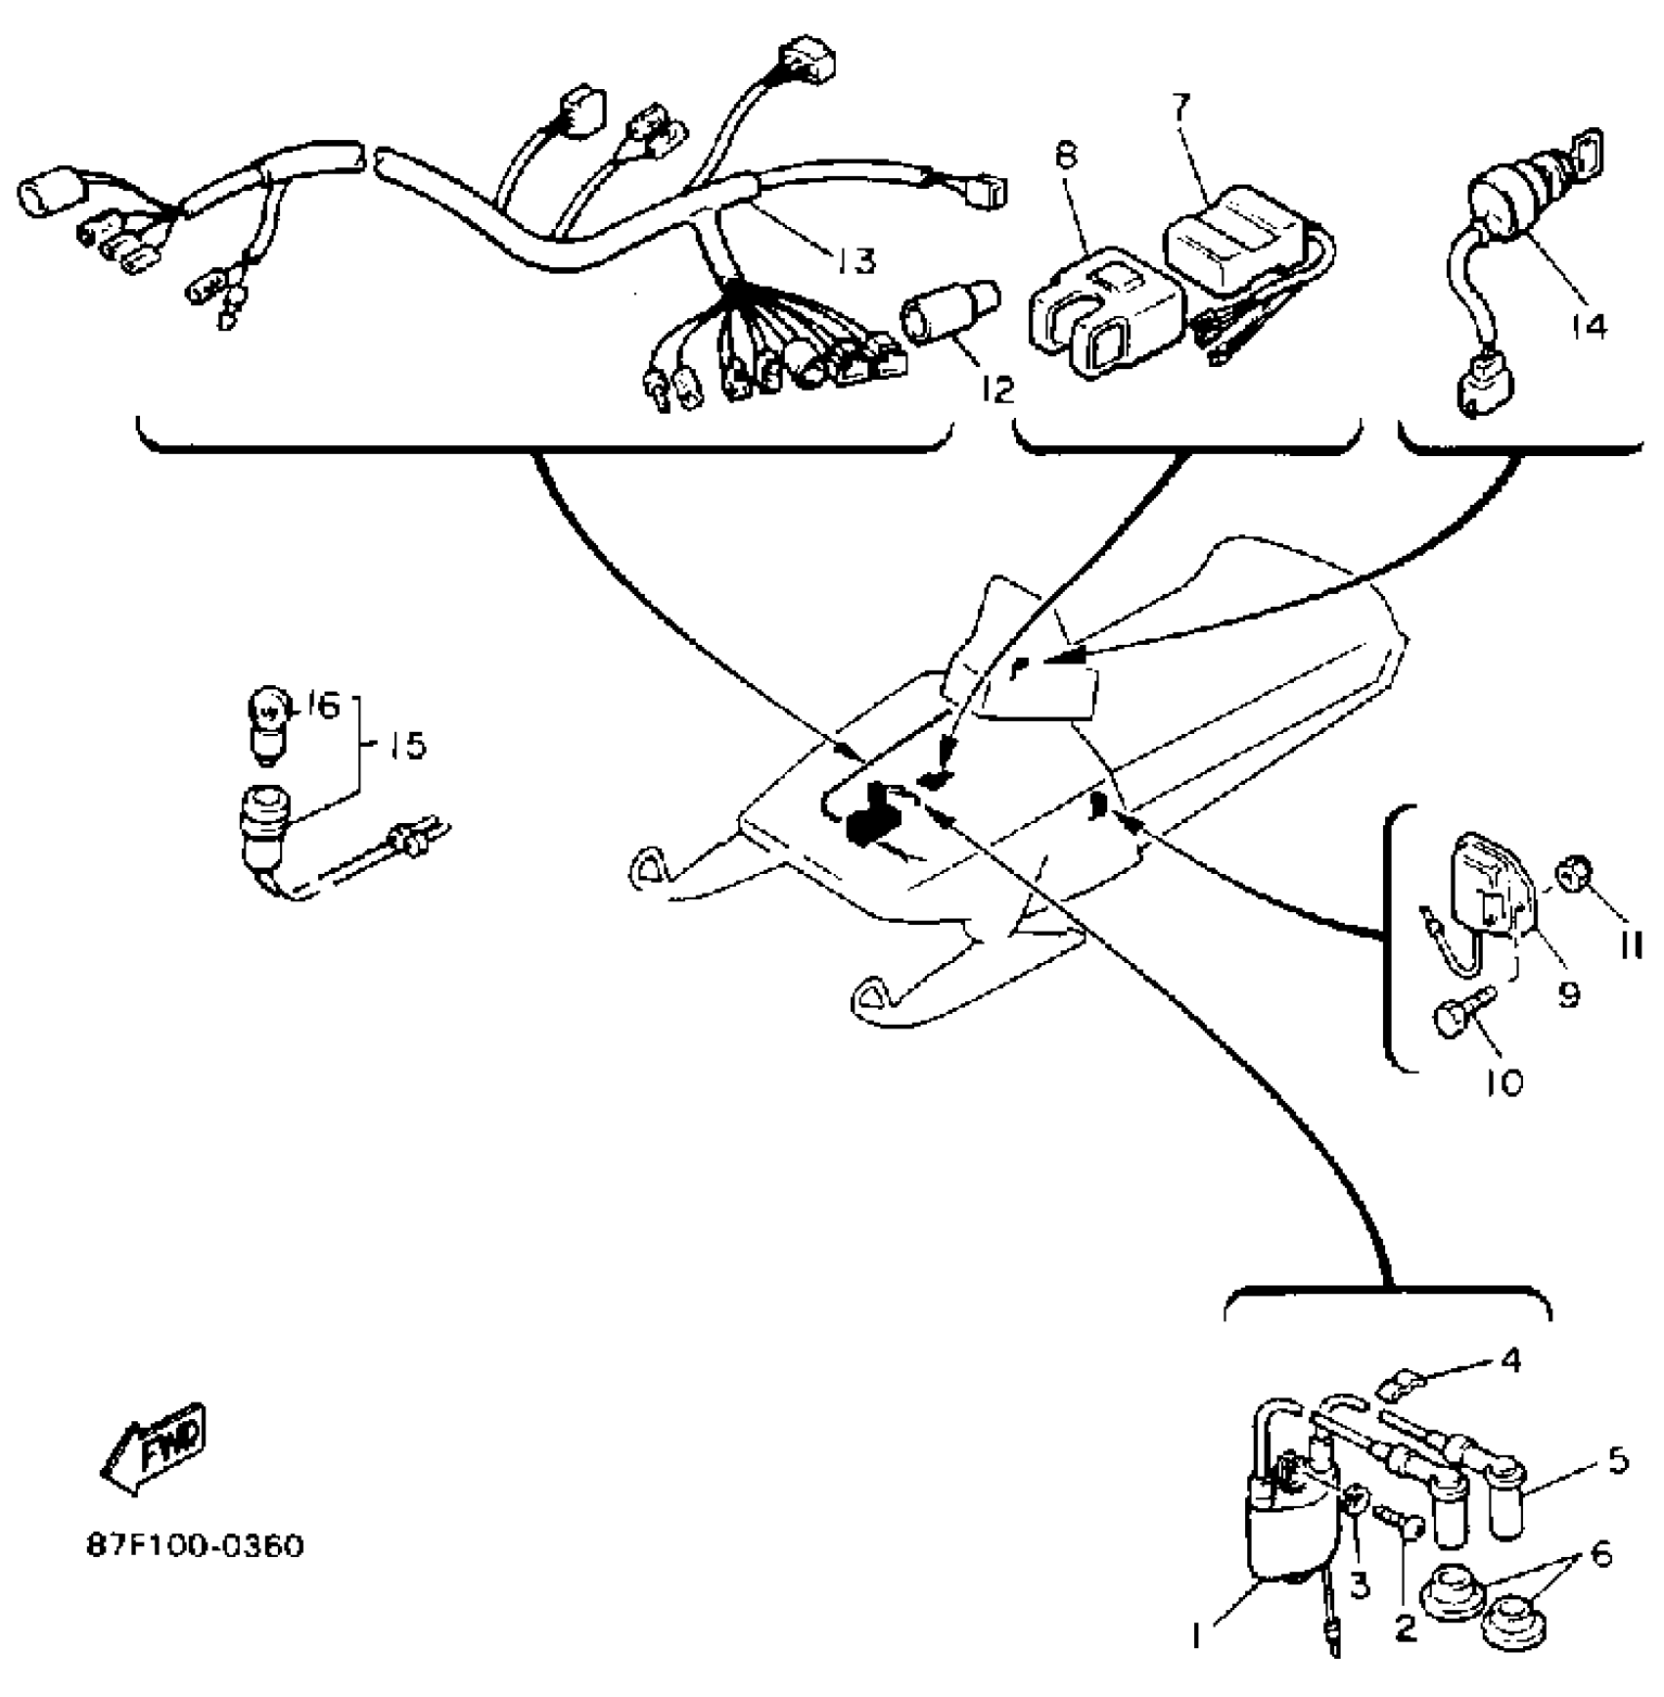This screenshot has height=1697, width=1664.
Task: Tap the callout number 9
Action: tap(1568, 995)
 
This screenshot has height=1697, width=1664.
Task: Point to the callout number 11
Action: tap(1631, 945)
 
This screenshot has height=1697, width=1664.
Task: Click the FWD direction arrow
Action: tap(157, 1450)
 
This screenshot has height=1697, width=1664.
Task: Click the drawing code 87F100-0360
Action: tap(196, 1546)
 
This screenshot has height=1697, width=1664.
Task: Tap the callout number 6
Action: tap(1601, 1554)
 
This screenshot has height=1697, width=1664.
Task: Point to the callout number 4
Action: tap(1511, 1359)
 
